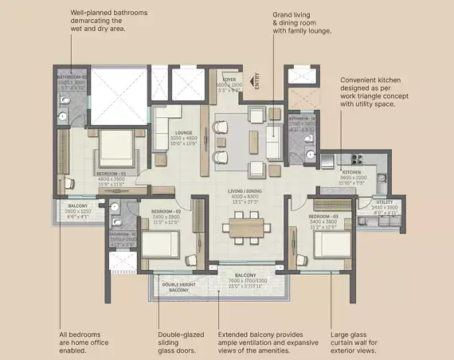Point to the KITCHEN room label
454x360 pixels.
click(x=353, y=171)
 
